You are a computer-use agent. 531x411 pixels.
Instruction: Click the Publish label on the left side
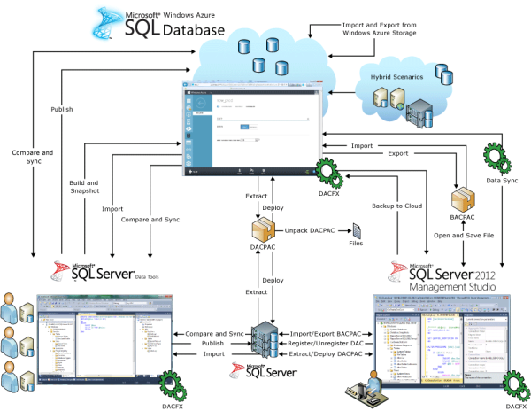(x=61, y=111)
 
